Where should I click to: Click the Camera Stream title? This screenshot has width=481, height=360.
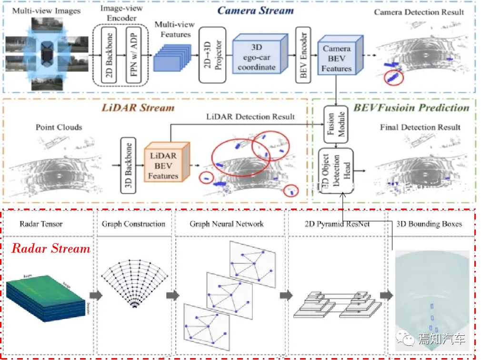coord(255,10)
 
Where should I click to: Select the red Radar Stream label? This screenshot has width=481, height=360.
coord(51,249)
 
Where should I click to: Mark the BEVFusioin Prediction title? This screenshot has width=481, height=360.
coord(411,107)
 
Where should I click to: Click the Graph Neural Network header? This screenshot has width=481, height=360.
coord(226,224)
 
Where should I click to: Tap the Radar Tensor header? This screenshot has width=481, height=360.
coord(41,224)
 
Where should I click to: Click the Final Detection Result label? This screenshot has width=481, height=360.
coord(420,127)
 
